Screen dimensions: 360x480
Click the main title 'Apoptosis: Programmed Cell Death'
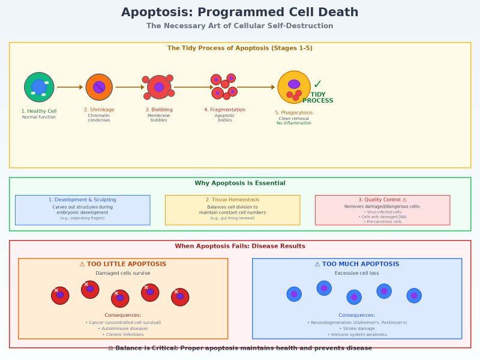coord(240,13)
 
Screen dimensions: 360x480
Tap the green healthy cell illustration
coord(39,87)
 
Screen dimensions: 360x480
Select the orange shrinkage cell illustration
coord(99,87)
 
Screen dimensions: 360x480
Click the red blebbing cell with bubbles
coord(159,87)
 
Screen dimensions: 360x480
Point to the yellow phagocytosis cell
coord(294,87)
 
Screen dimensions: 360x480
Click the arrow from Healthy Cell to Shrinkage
coord(70,87)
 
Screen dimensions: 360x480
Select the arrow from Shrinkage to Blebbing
coord(130,87)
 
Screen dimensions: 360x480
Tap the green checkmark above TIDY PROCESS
coord(317,85)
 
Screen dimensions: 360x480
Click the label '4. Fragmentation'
coord(225,110)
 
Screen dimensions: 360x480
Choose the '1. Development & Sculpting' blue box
coord(82,210)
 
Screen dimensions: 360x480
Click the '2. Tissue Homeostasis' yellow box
coord(232,210)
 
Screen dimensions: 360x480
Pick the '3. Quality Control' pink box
coord(382,210)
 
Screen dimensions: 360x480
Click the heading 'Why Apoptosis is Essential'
coord(240,183)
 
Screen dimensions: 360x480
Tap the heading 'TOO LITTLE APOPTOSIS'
coord(123,264)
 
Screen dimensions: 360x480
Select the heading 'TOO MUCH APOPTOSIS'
coord(357,264)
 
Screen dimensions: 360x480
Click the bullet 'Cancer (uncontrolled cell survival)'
coord(123,322)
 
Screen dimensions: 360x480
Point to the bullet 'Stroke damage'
coord(357,328)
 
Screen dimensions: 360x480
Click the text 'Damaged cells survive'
coord(123,273)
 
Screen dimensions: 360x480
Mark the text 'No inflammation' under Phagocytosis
coord(294,123)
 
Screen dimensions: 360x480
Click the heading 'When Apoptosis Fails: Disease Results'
coord(240,246)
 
